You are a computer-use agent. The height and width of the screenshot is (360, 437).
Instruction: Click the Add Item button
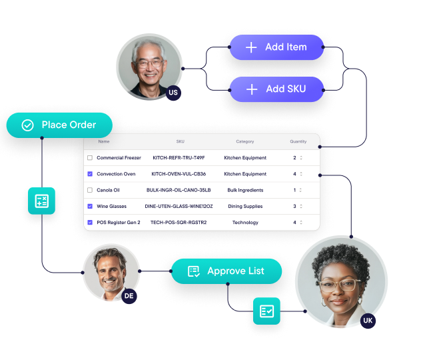(x=276, y=47)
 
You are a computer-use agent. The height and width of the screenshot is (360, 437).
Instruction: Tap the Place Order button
(x=59, y=125)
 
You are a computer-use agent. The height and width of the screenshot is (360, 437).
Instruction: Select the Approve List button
(x=226, y=271)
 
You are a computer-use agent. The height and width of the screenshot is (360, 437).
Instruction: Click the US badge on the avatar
(x=173, y=93)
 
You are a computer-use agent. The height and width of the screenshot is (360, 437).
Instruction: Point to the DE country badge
(x=129, y=295)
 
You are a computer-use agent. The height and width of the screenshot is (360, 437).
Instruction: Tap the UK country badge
(x=368, y=321)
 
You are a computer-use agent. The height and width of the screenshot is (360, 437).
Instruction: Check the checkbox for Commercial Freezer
(x=90, y=158)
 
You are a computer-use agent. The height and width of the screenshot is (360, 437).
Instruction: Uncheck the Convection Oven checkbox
(x=90, y=174)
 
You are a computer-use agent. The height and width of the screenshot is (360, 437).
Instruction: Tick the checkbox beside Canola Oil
(x=90, y=190)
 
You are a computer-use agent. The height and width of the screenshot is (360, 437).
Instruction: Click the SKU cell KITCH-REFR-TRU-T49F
(x=179, y=158)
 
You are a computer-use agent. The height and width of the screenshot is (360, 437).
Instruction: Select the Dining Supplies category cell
(x=245, y=207)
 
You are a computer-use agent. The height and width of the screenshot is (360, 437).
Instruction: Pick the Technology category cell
(x=245, y=223)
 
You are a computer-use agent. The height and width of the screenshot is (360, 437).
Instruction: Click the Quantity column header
(x=298, y=141)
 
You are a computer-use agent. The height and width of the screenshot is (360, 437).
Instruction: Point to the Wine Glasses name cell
(x=111, y=207)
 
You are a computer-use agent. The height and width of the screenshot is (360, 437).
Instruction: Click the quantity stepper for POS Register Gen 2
(x=300, y=223)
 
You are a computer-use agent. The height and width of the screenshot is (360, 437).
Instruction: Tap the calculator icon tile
(x=41, y=201)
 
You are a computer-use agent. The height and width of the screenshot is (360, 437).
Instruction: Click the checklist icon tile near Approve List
(x=266, y=311)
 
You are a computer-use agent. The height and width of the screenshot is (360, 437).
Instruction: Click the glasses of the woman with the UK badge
(x=341, y=285)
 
